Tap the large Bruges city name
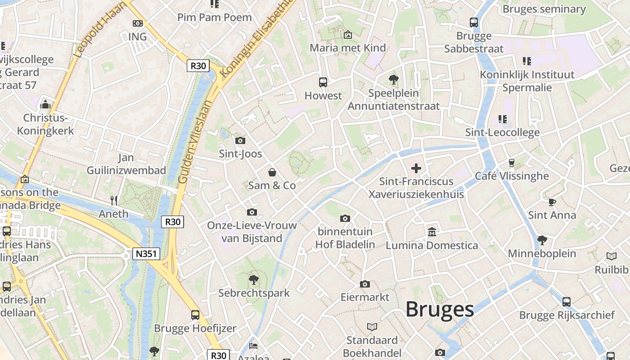click(440, 310)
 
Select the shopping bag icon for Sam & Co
click(272, 172)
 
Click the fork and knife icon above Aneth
click(114, 201)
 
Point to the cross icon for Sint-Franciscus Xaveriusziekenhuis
click(416, 168)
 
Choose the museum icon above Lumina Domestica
click(432, 232)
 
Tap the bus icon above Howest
click(323, 82)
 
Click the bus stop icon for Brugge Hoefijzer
click(195, 315)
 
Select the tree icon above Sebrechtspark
click(254, 280)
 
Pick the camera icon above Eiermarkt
click(365, 284)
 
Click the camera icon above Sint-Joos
click(240, 140)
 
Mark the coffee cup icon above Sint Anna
click(552, 202)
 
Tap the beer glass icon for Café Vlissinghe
click(512, 162)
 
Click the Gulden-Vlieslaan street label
click(195, 142)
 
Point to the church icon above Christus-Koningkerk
click(45, 105)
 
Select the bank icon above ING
click(138, 23)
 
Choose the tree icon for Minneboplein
click(542, 240)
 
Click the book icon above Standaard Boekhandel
click(372, 327)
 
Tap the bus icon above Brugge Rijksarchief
click(567, 301)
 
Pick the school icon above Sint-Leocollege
click(503, 119)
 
